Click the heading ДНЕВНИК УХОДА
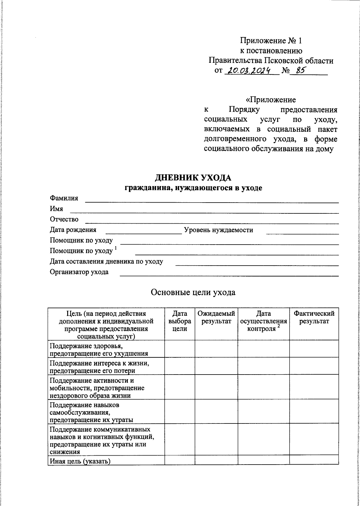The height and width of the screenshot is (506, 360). tap(193, 178)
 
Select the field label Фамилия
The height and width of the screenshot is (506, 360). tap(64, 198)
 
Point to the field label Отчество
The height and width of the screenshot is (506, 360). tap(64, 219)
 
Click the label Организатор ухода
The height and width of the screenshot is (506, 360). tap(79, 272)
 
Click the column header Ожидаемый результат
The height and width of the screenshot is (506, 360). tap(216, 318)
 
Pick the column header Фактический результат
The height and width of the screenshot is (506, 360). tap(314, 318)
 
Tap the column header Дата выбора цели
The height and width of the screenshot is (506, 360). tap(180, 321)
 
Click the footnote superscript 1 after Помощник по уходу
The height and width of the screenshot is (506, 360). tap(116, 248)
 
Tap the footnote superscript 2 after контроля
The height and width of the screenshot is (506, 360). tap(278, 326)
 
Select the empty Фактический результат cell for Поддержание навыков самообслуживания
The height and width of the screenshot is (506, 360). tap(314, 411)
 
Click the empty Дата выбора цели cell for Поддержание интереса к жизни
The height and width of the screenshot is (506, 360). tap(180, 366)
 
